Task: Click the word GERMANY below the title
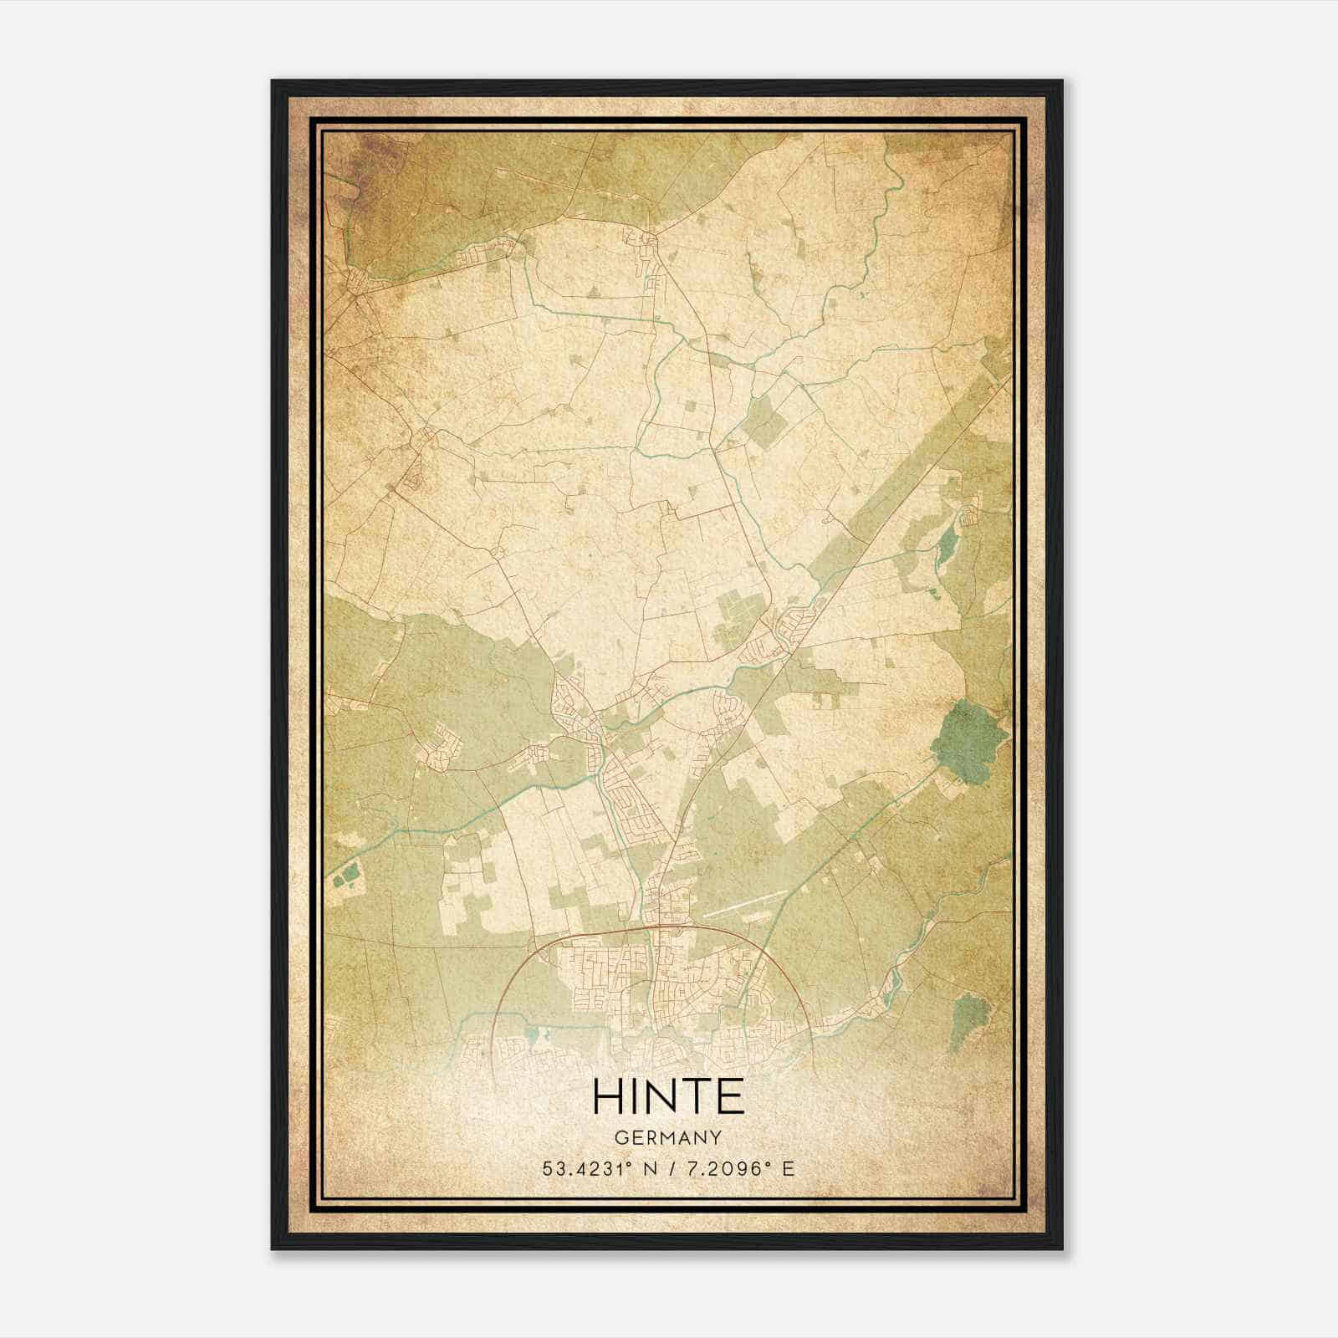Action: click(668, 1138)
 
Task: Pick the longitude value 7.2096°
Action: click(727, 1169)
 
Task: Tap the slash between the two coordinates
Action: click(670, 1169)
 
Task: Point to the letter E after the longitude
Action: click(788, 1169)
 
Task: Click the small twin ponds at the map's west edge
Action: click(345, 874)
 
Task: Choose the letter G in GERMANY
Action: click(620, 1138)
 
